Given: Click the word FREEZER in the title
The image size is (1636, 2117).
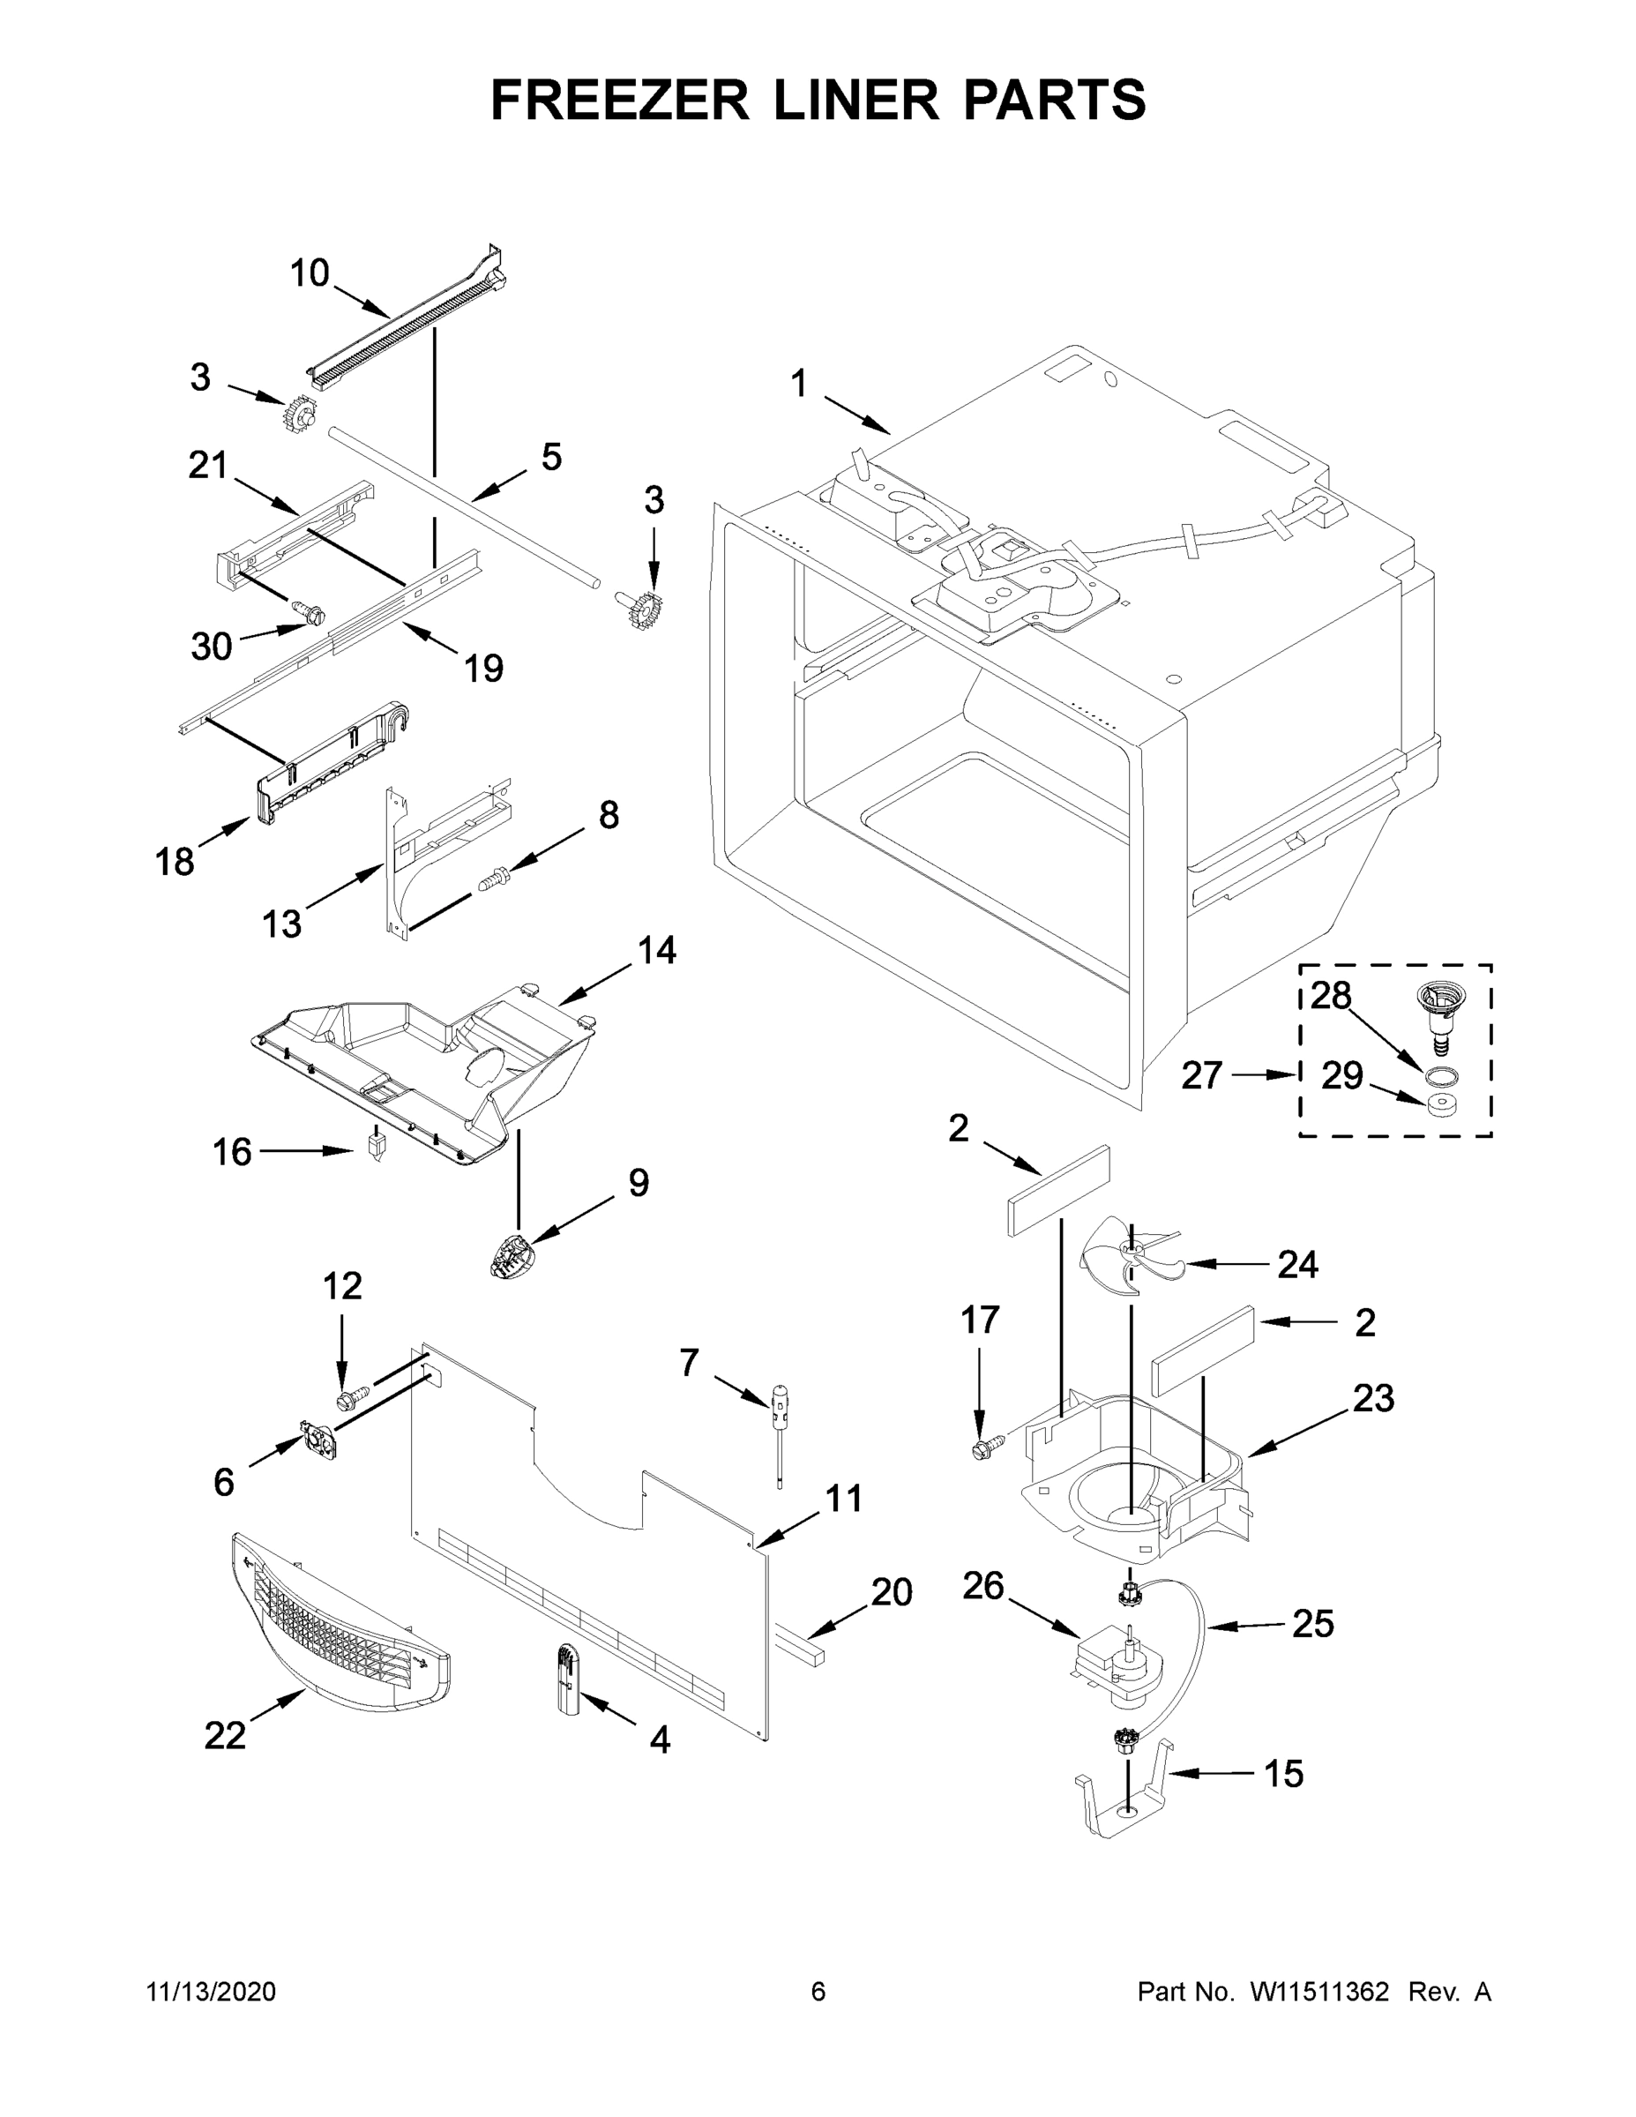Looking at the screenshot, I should click(619, 100).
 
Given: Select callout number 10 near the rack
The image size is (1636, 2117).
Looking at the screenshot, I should click(310, 273).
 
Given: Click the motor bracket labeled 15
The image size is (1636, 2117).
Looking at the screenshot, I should click(1124, 1803).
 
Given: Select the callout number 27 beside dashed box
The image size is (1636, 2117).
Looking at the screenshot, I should click(1201, 1076).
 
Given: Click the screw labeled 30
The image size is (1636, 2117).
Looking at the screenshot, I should click(310, 613).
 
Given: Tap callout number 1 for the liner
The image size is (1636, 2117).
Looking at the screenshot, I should click(799, 385).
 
